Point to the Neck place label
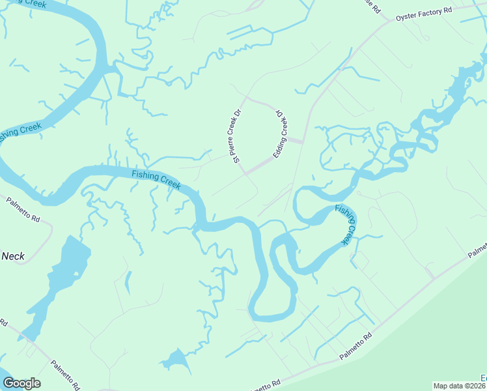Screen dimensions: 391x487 (13, 256)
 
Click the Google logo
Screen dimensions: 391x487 (21, 383)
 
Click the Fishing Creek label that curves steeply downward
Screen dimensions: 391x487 (347, 225)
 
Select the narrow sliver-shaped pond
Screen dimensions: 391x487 (127, 282)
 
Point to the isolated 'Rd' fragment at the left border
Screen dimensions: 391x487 (3, 323)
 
